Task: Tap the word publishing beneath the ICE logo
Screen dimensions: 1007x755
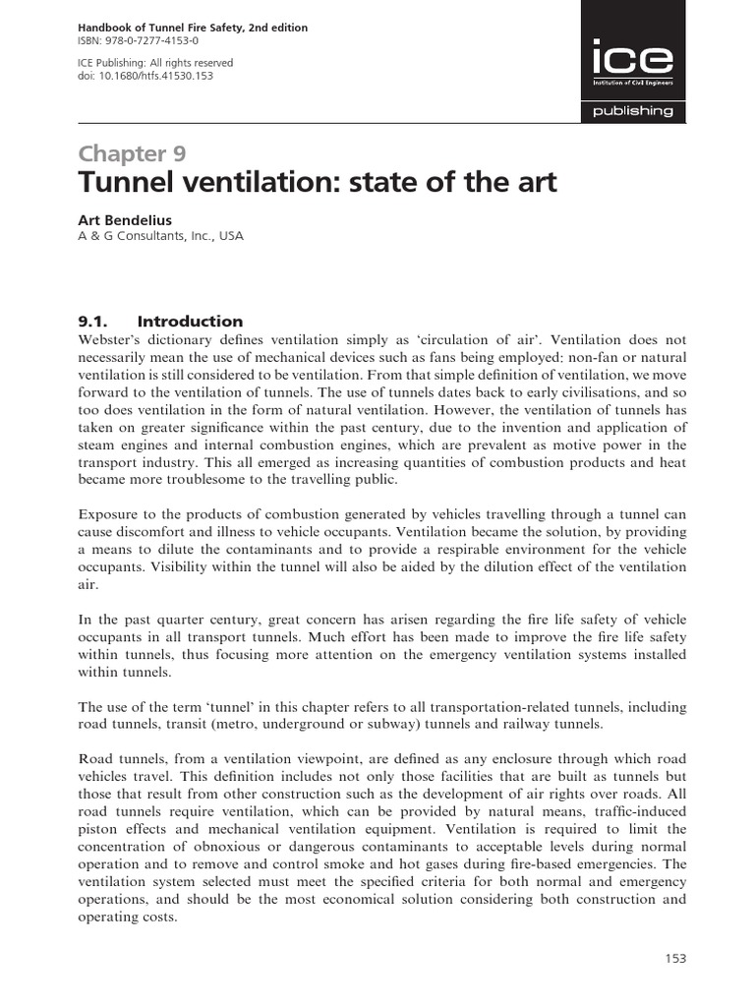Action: pos(632,111)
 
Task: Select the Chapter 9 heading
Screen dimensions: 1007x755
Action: pos(132,153)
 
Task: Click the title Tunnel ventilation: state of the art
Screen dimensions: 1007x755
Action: pos(317,184)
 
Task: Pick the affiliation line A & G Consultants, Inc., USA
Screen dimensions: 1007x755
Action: pos(160,236)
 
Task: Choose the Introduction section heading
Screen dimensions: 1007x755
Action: pos(190,322)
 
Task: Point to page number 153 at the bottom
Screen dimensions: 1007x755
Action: pos(674,959)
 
